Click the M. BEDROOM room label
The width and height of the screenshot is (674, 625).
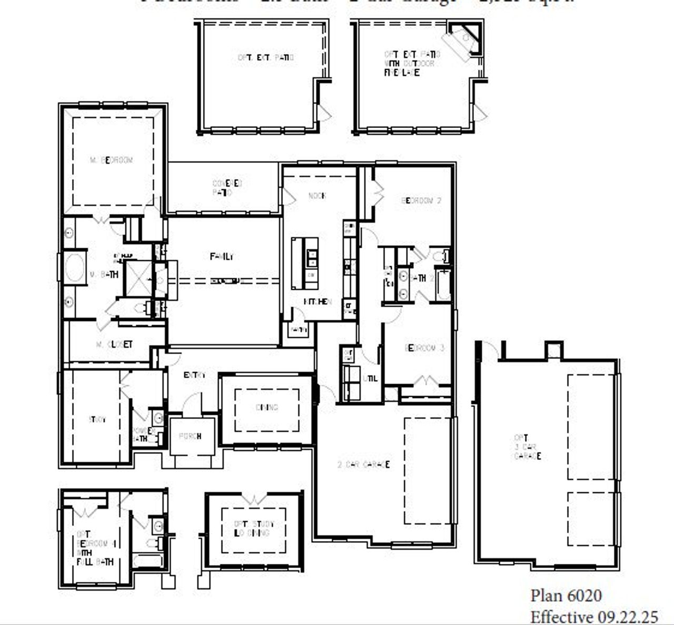pos(111,160)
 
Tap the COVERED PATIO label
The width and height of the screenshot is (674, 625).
pos(227,188)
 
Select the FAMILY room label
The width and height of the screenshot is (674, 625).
pos(222,257)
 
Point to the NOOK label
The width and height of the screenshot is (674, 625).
pos(317,196)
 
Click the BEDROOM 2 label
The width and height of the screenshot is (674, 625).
pos(421,201)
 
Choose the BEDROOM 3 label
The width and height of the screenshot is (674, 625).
pos(424,348)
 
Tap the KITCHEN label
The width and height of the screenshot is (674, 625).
pos(317,301)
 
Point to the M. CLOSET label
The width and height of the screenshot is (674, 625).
pos(114,345)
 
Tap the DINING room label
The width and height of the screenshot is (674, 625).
pos(267,407)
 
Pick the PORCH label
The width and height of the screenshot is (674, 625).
pos(190,436)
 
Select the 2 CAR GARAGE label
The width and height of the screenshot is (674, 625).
pos(363,465)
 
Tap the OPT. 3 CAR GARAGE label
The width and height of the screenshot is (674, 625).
pos(527,447)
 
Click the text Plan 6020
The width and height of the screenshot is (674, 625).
pos(566,596)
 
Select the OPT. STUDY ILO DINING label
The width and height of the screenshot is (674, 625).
pos(254,529)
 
